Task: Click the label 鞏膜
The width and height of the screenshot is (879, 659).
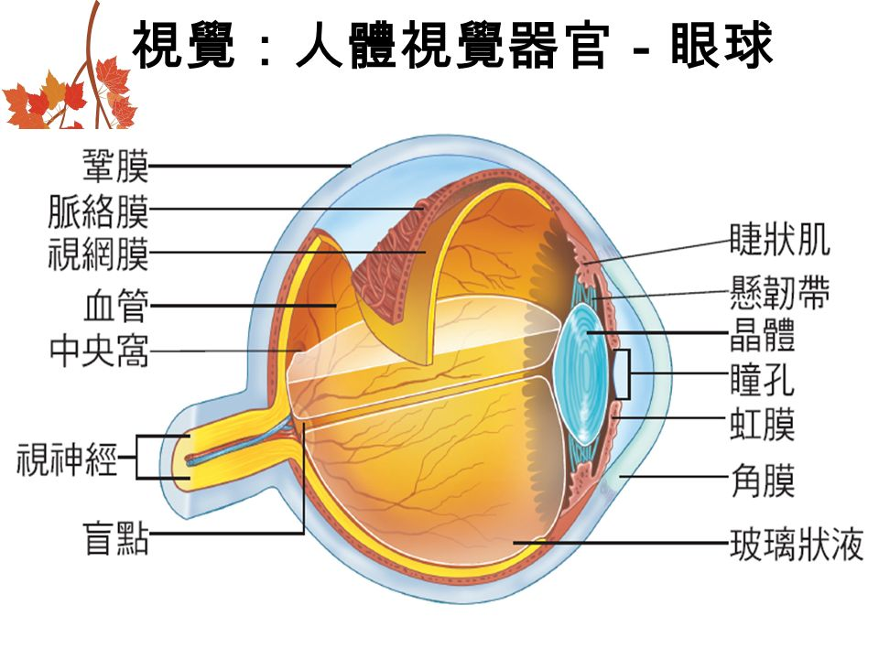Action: [116, 166]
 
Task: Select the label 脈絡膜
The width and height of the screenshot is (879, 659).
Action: [99, 211]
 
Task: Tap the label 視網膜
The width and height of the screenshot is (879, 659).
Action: [99, 254]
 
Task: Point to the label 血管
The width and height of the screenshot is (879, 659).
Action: [116, 306]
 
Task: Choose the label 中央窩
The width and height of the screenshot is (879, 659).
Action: [99, 351]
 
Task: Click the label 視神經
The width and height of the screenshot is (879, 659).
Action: [67, 459]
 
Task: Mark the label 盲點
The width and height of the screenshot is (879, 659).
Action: [116, 538]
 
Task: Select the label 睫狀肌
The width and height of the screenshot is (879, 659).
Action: [780, 239]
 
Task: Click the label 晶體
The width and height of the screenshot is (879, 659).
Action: [763, 335]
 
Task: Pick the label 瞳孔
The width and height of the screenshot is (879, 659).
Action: [763, 379]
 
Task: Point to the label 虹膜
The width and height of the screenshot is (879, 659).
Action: [763, 424]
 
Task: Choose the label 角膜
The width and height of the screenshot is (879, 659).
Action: [763, 481]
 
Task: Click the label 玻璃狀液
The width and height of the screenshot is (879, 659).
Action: [796, 544]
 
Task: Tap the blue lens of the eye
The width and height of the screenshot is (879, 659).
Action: [581, 373]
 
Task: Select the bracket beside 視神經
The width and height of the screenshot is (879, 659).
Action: [136, 458]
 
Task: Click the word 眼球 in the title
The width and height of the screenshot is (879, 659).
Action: [722, 45]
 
